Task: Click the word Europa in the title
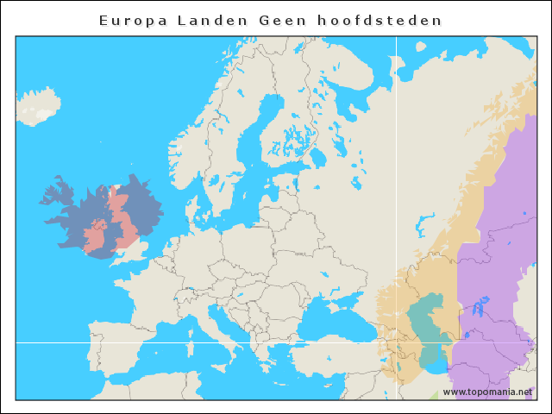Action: click(129, 20)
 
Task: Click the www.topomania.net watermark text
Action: click(487, 392)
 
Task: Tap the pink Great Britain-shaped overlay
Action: click(125, 220)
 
